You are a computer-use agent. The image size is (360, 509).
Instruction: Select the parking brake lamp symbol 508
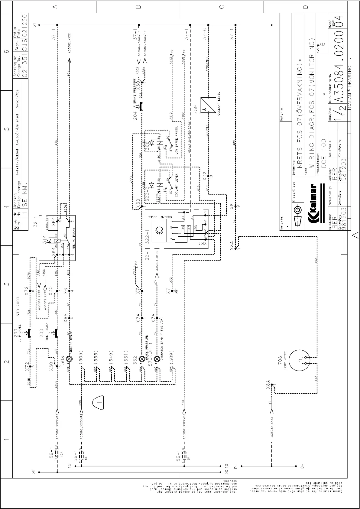[x=69, y=359]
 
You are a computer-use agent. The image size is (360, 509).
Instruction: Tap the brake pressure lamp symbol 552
[x=142, y=359]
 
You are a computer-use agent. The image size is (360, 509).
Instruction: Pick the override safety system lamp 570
[x=157, y=359]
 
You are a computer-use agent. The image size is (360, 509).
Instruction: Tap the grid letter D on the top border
[x=305, y=7]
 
